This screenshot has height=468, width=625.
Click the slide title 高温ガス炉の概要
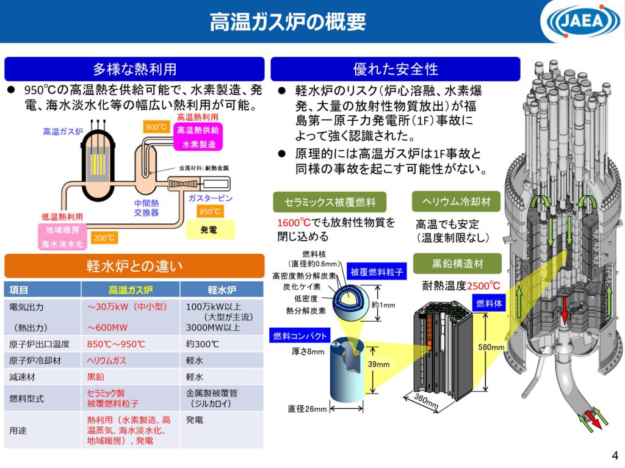point(287,21)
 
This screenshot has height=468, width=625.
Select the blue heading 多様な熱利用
point(134,68)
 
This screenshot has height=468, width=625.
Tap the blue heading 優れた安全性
point(395,68)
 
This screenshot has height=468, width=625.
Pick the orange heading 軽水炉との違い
point(134,266)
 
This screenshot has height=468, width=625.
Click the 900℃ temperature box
point(156,127)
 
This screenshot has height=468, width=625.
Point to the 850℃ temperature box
point(211,211)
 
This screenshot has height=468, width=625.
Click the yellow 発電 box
point(209,231)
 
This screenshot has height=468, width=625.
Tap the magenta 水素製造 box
point(198,145)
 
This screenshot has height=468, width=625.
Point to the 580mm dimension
point(490,347)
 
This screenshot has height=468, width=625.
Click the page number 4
point(614,455)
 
